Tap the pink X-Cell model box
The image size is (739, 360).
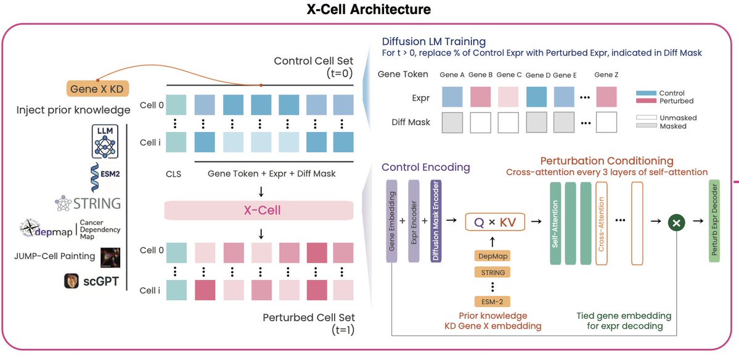tap(259, 210)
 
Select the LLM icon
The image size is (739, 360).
tap(105, 141)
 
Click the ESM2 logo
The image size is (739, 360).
tap(105, 175)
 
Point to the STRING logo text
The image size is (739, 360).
tap(97, 203)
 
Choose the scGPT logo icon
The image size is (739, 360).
tap(71, 281)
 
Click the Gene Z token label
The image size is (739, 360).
tap(606, 75)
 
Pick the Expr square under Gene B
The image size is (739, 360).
tap(481, 97)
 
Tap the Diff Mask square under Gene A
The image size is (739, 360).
tap(452, 122)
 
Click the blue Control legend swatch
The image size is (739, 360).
tap(646, 93)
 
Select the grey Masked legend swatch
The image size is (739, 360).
tap(646, 126)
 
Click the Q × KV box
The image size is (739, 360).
tap(494, 222)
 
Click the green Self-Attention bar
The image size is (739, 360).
tap(555, 224)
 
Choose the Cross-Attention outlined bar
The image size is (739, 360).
tap(602, 224)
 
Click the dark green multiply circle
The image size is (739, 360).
tap(677, 224)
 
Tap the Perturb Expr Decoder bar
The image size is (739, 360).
tap(714, 221)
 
